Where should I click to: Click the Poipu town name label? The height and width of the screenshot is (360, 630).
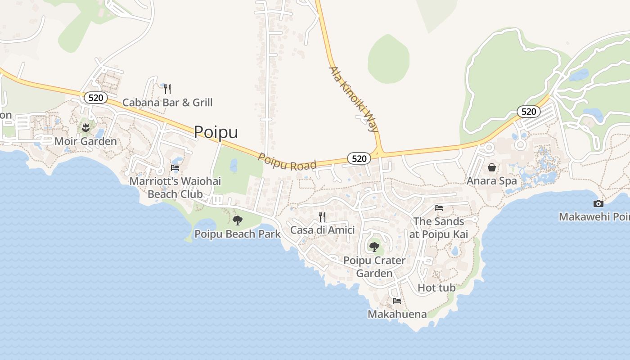(216, 132)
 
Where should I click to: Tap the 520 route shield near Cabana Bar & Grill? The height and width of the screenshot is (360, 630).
(96, 97)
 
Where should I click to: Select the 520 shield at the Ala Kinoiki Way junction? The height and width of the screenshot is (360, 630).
(359, 158)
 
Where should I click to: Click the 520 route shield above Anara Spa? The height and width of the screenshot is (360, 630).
(528, 111)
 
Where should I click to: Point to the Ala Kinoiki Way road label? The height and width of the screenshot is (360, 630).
(354, 99)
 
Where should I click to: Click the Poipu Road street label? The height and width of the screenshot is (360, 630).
(287, 162)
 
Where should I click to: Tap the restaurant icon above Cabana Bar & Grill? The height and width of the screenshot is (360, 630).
(167, 89)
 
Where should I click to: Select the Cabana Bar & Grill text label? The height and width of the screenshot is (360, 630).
(167, 103)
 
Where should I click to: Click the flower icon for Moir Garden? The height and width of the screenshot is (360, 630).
(85, 128)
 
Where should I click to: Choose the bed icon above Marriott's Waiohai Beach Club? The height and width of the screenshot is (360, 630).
(175, 168)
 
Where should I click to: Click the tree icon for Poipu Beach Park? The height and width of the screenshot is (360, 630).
(237, 220)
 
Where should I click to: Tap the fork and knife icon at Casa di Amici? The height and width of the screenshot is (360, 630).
(322, 217)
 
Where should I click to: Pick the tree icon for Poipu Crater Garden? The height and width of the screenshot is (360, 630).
(374, 247)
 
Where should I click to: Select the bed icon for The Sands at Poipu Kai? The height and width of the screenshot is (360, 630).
(439, 208)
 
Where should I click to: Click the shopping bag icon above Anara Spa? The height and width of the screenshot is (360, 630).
(492, 167)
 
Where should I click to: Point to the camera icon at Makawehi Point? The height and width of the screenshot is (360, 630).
(598, 203)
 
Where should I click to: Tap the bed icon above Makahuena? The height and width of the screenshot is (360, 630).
(396, 301)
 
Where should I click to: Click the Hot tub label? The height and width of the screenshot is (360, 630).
(436, 288)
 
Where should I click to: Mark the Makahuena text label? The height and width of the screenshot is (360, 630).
(397, 314)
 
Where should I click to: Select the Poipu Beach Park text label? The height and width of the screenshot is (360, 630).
(237, 234)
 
